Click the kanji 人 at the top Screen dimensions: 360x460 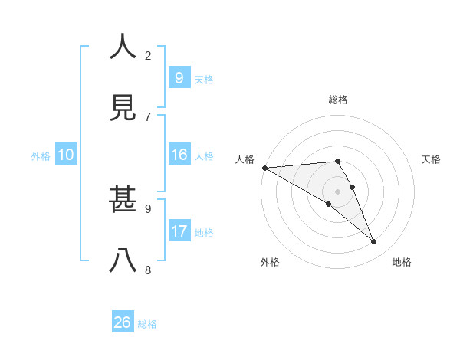click(x=123, y=47)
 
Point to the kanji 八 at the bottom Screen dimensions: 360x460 click(x=123, y=261)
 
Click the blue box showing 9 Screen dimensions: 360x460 click(x=179, y=77)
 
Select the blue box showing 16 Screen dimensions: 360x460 click(x=179, y=155)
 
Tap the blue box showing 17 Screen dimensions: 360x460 click(x=179, y=231)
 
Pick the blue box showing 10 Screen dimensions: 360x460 click(x=66, y=155)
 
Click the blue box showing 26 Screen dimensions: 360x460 click(x=123, y=322)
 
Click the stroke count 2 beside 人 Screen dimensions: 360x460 click(x=148, y=55)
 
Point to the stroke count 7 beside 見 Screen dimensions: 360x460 click(x=148, y=116)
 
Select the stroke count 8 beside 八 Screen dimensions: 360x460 click(x=148, y=270)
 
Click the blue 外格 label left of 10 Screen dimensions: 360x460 click(x=41, y=155)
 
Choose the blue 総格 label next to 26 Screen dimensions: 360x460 click(x=147, y=324)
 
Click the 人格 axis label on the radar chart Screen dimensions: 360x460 click(x=245, y=159)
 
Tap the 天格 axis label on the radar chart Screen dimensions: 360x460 click(x=432, y=159)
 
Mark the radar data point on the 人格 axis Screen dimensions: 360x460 click(x=264, y=168)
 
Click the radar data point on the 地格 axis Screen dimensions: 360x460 click(x=374, y=242)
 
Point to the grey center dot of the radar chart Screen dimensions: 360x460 click(x=337, y=191)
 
